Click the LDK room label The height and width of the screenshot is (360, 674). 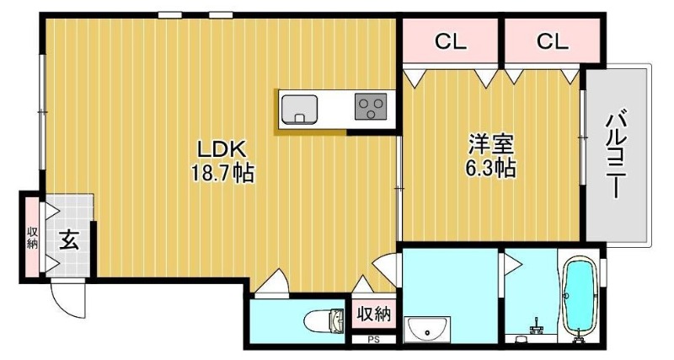(221, 149)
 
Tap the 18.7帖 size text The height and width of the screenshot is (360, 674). (222, 173)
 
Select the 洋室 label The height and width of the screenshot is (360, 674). (491, 144)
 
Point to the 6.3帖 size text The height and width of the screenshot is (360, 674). (490, 168)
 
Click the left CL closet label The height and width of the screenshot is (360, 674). (450, 41)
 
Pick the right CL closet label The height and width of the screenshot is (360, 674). (552, 41)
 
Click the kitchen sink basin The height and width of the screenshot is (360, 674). (299, 110)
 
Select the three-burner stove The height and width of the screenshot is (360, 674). (371, 107)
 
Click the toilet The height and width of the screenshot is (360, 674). (324, 320)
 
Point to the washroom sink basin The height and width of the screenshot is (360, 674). (426, 330)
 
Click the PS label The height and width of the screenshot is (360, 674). (373, 340)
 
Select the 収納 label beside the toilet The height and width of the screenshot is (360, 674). (373, 314)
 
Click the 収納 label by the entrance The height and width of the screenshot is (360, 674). (32, 238)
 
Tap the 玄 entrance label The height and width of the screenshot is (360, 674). (69, 239)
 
